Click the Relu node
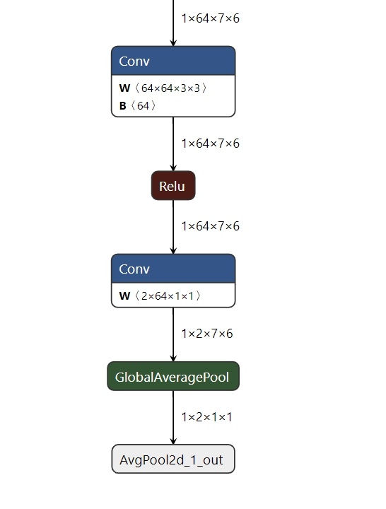173,185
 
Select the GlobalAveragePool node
173,376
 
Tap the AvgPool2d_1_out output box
173,459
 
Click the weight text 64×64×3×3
171,88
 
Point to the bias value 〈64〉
143,105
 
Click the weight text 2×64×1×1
168,296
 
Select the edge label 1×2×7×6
207,334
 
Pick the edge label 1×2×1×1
207,417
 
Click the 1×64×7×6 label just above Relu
211,144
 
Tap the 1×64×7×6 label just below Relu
211,226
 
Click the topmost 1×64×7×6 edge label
211,18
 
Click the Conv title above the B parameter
134,61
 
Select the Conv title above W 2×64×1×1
134,269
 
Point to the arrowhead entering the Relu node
173,168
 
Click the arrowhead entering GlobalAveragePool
173,358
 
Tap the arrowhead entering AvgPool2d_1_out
173,441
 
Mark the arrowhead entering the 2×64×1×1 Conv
173,250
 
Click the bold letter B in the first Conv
123,106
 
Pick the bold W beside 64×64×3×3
124,88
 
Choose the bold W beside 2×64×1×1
124,296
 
